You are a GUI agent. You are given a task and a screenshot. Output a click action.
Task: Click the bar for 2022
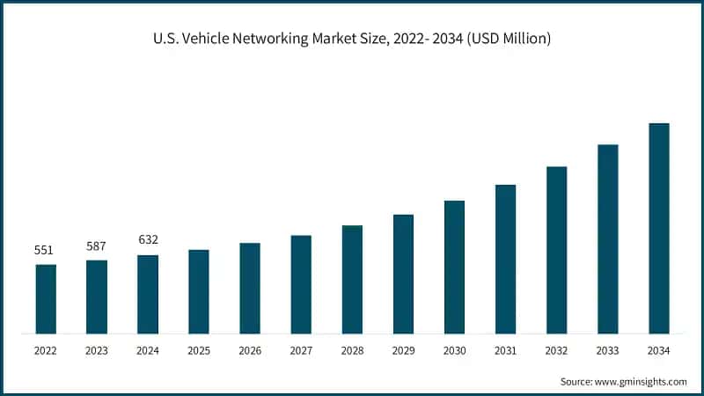click(46, 299)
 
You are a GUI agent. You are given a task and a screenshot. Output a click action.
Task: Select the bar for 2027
click(301, 284)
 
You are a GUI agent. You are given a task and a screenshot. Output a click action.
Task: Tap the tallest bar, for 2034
click(658, 229)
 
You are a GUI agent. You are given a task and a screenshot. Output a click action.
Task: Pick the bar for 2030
click(454, 268)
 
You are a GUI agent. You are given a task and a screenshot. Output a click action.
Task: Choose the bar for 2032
click(556, 250)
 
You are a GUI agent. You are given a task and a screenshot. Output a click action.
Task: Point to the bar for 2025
click(199, 292)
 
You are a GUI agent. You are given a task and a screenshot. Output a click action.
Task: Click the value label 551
click(45, 250)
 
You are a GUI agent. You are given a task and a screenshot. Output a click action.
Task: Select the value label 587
click(96, 246)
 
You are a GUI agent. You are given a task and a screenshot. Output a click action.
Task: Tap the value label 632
click(148, 240)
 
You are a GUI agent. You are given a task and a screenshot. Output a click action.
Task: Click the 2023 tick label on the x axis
click(96, 351)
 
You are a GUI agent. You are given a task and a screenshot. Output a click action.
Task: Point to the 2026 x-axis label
click(250, 351)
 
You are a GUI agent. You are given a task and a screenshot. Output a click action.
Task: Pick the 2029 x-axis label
click(403, 351)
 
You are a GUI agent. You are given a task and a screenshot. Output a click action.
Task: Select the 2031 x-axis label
click(505, 351)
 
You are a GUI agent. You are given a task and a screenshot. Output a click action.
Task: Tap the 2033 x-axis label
click(607, 351)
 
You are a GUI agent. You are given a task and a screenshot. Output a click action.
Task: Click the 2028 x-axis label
click(352, 351)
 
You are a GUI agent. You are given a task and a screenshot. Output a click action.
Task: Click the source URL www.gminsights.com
click(638, 382)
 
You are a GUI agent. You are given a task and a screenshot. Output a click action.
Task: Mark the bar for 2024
click(148, 295)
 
